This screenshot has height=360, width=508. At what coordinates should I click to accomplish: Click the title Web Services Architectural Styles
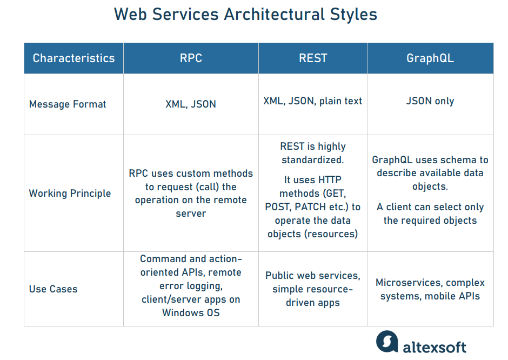[245, 15]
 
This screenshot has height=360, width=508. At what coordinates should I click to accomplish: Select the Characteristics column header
[73, 58]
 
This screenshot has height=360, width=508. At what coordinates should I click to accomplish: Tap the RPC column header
[191, 58]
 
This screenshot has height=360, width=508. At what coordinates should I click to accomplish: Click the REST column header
[313, 58]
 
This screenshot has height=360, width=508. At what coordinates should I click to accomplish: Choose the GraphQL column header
[430, 58]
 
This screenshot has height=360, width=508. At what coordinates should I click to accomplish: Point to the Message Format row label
[68, 104]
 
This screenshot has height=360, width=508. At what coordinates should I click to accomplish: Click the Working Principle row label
[70, 194]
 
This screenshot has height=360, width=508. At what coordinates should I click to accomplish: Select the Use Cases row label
[53, 289]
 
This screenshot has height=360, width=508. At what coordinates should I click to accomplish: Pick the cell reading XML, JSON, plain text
[312, 101]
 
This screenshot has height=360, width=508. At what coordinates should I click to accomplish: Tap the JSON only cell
[430, 101]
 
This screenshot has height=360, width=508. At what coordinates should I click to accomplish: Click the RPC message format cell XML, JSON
[191, 104]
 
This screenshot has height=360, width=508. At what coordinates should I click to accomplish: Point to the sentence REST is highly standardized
[312, 153]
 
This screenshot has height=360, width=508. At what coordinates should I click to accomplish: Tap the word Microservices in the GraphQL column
[409, 283]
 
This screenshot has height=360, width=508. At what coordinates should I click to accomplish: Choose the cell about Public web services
[312, 289]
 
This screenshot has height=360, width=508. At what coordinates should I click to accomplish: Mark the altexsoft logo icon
[386, 343]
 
